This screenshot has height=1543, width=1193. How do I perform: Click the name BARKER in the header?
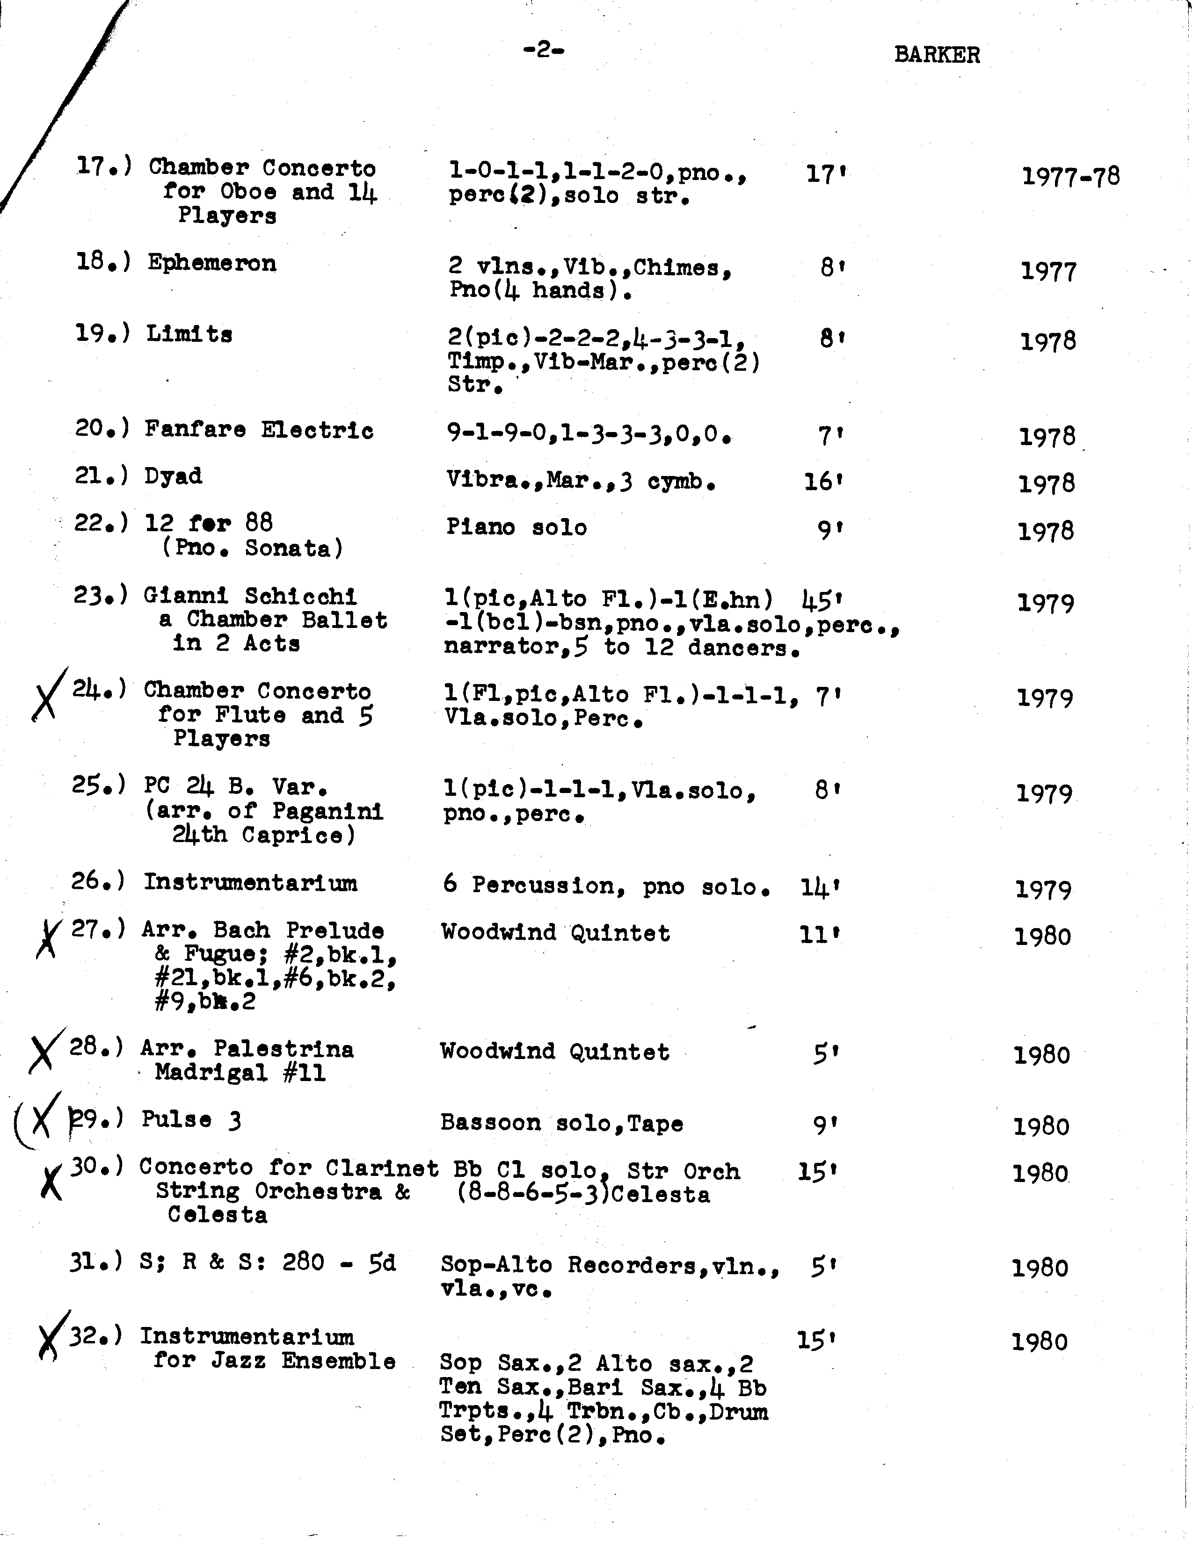point(937,55)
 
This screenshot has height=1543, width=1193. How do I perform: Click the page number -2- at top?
point(544,50)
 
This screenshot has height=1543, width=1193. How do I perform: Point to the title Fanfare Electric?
point(259,430)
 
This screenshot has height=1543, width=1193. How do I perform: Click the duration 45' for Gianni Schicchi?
point(822,600)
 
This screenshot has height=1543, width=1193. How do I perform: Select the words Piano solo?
point(516,527)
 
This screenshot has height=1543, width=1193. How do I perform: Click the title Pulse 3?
point(191,1120)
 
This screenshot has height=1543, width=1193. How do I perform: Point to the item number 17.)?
point(104,167)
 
